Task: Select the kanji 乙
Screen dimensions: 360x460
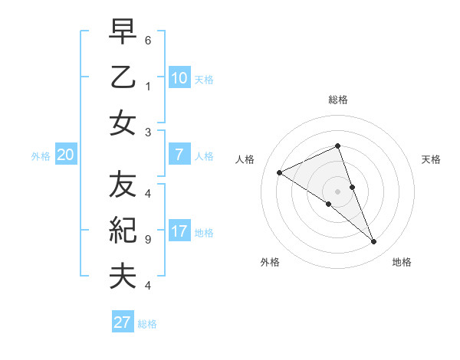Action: point(123,78)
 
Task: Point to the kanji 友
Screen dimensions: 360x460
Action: point(123,185)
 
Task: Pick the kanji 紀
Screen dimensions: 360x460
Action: point(123,231)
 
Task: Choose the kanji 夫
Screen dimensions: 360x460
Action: point(123,276)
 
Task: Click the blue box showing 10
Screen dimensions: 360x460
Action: point(179,78)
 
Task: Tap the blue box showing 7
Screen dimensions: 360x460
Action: point(179,155)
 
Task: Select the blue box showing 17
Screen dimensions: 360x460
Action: point(179,231)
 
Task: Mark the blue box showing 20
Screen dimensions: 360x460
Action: point(65,155)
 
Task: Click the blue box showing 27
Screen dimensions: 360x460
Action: point(123,322)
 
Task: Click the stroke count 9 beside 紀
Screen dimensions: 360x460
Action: point(148,240)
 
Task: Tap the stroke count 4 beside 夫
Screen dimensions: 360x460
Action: point(148,286)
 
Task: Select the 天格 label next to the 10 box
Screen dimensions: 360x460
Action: point(204,80)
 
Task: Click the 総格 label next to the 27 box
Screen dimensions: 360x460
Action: point(147,324)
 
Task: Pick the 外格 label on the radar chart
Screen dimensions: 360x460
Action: point(270,262)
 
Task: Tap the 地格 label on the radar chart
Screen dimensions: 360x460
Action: point(402,262)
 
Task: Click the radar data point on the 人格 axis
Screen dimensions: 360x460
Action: point(280,173)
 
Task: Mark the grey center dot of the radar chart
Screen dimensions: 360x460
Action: point(337,191)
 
